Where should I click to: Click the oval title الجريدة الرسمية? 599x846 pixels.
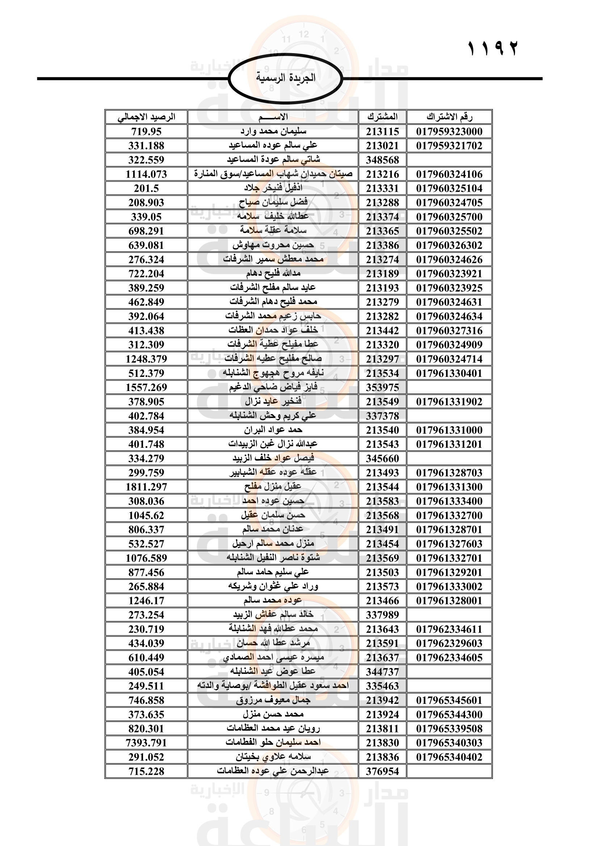[285, 78]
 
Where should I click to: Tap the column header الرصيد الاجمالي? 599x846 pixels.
[146, 117]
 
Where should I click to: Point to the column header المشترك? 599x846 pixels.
[382, 117]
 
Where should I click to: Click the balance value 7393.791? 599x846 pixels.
[146, 743]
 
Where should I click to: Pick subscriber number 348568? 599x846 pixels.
[382, 160]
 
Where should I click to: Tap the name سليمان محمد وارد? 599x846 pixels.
[273, 132]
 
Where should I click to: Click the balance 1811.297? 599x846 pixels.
[146, 487]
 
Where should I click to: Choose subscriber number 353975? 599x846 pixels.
[382, 388]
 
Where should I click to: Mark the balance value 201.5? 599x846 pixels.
[146, 188]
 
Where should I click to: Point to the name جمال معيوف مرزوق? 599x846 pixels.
[273, 701]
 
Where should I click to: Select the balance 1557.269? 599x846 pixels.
[146, 388]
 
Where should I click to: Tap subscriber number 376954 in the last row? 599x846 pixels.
[382, 771]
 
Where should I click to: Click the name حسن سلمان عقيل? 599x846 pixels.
[273, 515]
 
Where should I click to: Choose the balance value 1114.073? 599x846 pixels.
[146, 174]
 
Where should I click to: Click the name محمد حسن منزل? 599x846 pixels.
[273, 714]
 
